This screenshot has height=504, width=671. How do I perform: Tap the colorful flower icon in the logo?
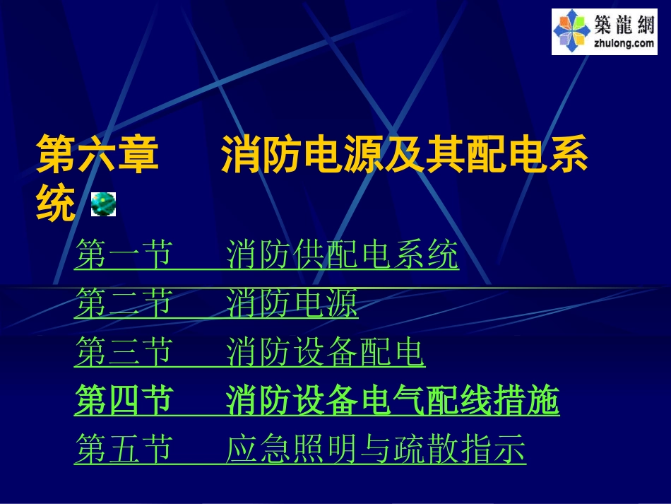pyautogui.click(x=571, y=32)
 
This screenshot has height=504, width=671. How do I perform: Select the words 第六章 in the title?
pyautogui.click(x=97, y=156)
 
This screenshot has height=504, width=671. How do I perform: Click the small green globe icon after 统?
pyautogui.click(x=103, y=204)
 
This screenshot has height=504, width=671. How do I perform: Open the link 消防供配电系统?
pyautogui.click(x=343, y=255)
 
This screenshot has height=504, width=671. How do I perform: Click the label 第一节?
pyautogui.click(x=123, y=255)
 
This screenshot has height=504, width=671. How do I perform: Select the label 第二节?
pyautogui.click(x=123, y=305)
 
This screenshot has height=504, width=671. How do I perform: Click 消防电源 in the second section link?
pyautogui.click(x=292, y=305)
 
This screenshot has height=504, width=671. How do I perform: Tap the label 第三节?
pyautogui.click(x=123, y=353)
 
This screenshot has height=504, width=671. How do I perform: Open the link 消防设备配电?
pyautogui.click(x=326, y=353)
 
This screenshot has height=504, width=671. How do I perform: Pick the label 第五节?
pyautogui.click(x=123, y=450)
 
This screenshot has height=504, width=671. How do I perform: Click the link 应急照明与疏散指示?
pyautogui.click(x=376, y=450)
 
